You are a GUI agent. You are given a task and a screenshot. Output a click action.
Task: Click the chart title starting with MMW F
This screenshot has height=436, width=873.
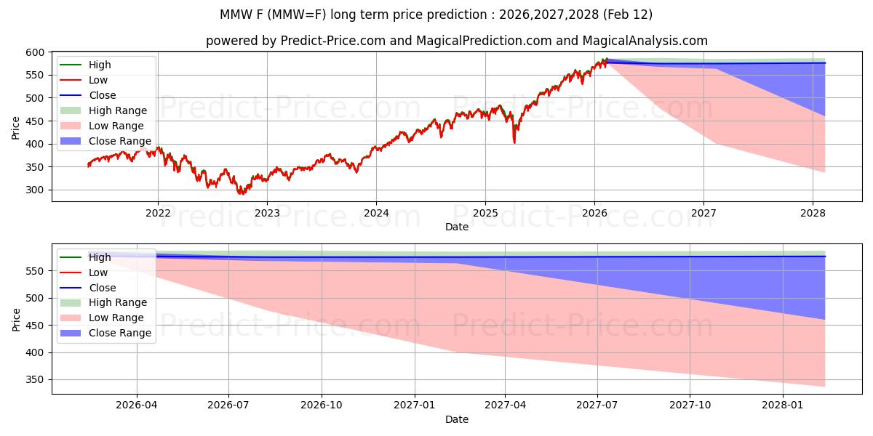(436, 15)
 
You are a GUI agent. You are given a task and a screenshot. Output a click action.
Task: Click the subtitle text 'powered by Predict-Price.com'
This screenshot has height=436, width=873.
(295, 41)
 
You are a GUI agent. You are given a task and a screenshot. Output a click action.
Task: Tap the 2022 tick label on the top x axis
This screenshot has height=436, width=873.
(158, 213)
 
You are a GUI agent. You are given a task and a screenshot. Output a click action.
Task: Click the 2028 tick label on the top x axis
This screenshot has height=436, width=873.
(813, 213)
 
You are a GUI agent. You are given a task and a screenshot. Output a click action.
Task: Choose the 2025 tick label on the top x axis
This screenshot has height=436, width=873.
(485, 213)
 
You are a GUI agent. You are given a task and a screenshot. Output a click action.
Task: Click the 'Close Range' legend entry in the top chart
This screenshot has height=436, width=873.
(119, 141)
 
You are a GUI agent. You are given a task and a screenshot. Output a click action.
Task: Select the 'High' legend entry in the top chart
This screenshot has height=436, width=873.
(100, 65)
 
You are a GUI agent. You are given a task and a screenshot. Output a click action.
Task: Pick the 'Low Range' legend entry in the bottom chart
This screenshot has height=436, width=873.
(116, 318)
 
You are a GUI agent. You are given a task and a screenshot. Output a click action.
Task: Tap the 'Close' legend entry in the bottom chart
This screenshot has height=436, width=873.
(102, 288)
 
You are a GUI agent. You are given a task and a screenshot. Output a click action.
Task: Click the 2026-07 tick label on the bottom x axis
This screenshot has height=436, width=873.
(228, 405)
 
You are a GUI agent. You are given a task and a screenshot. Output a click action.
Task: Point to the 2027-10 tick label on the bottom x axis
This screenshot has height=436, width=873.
(690, 405)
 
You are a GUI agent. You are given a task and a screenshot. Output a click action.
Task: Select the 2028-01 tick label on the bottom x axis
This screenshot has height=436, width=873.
(784, 405)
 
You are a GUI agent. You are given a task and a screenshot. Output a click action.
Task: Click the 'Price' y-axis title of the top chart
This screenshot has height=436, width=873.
(16, 127)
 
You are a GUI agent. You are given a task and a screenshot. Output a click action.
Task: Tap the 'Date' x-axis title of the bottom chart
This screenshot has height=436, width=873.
(456, 419)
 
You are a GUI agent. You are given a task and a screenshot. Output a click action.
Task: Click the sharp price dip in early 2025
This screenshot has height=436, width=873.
(514, 142)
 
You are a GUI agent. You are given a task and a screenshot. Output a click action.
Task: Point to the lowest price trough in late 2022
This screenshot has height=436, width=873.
(242, 193)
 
